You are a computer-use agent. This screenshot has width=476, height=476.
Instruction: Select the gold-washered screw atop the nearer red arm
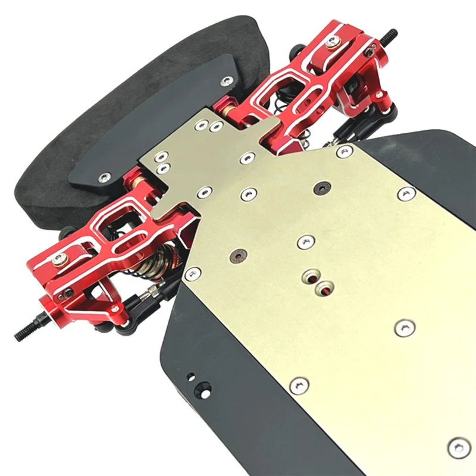[x=59, y=258]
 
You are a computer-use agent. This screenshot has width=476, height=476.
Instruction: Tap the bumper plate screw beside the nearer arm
[x=105, y=177]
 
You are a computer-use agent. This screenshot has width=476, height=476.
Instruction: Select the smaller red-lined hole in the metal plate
[x=309, y=277]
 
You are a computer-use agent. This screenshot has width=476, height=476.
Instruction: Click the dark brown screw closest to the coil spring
[x=238, y=254]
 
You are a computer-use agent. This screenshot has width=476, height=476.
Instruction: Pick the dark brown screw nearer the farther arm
[x=322, y=188]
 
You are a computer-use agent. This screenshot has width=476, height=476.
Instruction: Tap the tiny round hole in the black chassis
[x=190, y=376]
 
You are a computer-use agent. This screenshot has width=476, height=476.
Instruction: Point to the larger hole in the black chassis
[x=205, y=391]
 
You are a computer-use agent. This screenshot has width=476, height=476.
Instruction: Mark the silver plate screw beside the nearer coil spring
[x=192, y=273]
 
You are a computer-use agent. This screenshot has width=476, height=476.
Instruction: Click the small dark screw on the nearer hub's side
[x=68, y=293]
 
